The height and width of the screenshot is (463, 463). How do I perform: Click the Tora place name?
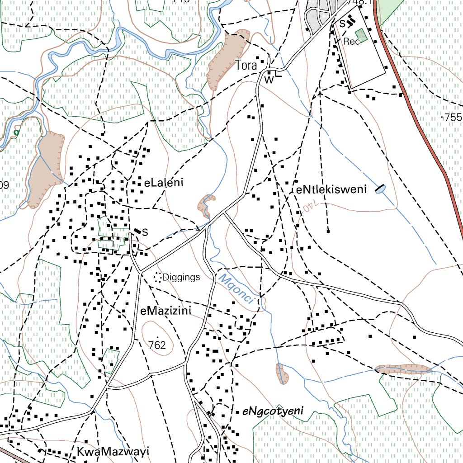point(246,66)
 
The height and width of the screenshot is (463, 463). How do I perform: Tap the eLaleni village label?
point(164,183)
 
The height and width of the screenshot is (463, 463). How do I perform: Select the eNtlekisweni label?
point(331,189)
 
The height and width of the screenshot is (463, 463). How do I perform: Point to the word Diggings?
point(181,277)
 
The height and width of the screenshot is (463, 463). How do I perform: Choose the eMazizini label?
point(166,311)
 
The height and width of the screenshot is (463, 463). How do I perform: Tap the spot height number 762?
point(157,345)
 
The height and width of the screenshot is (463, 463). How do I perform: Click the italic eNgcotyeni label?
point(273,411)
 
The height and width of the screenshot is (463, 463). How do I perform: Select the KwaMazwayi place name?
point(113,452)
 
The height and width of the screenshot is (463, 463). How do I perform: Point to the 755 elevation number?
point(453,117)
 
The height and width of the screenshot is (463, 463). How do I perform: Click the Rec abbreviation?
point(351,42)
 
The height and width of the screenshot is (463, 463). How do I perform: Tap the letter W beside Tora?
point(269,80)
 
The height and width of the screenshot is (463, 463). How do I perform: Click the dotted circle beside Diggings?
point(158,277)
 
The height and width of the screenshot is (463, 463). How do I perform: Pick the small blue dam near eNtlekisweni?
point(380,190)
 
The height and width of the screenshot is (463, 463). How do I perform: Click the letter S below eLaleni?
point(145,232)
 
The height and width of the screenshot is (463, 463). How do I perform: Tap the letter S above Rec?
point(342,22)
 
